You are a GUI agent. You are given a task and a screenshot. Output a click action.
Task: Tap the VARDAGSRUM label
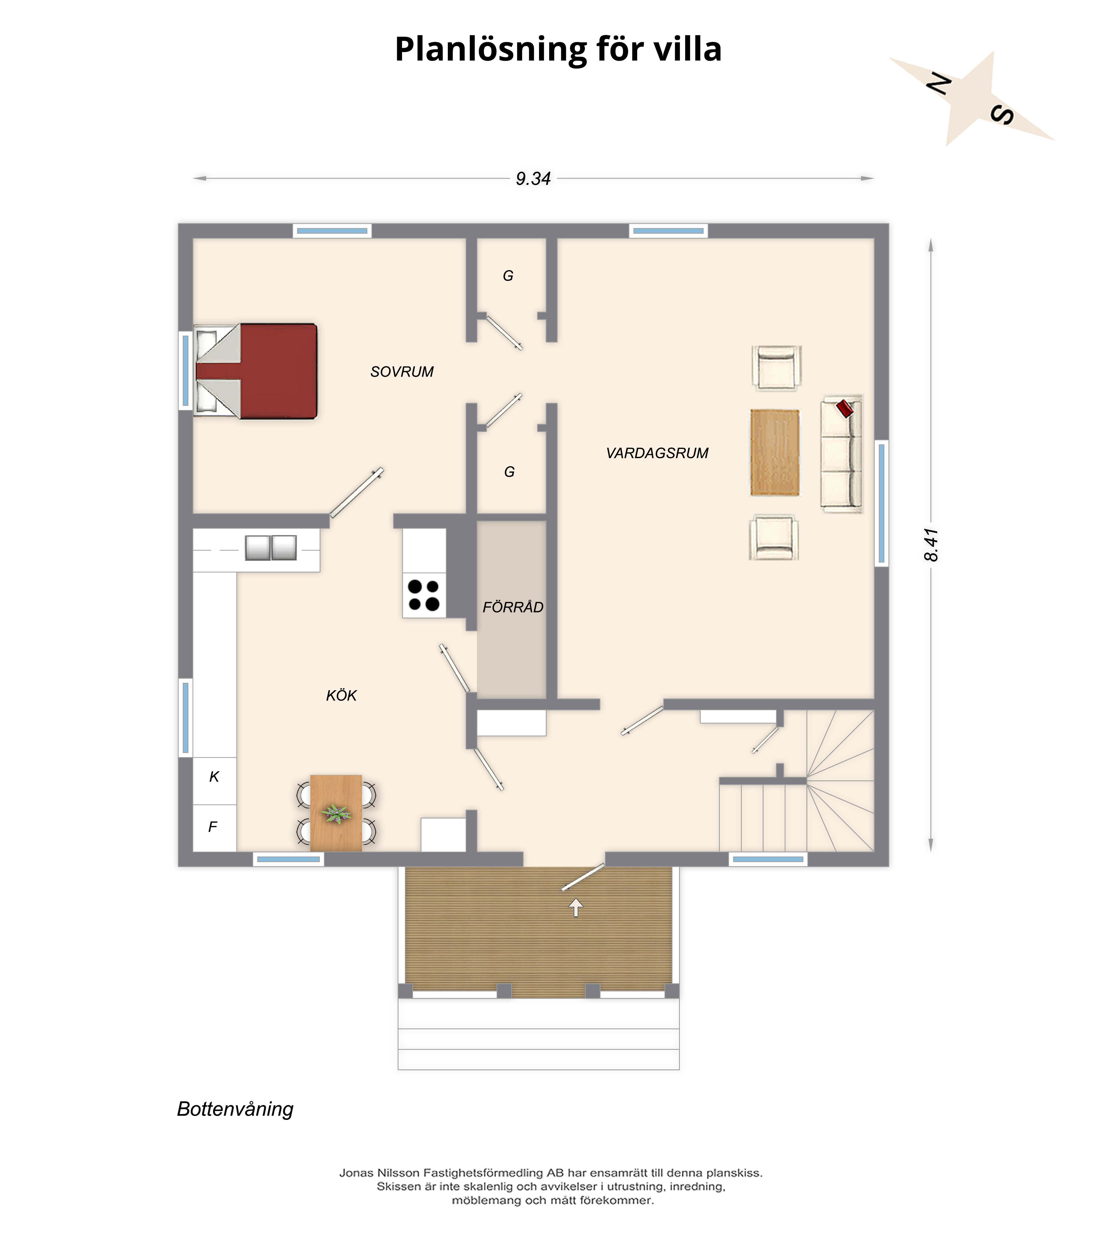click(657, 453)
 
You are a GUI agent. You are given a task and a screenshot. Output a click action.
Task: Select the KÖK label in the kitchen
click(341, 695)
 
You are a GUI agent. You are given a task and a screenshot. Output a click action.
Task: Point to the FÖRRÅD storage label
click(513, 607)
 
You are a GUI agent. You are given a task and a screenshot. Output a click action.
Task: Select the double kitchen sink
click(271, 548)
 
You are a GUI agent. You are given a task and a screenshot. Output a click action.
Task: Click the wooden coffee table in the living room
click(775, 452)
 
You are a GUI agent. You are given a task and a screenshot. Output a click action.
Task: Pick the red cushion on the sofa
click(845, 408)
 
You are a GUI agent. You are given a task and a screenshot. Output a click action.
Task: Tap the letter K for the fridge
click(214, 777)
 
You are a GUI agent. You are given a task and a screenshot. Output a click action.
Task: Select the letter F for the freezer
click(213, 827)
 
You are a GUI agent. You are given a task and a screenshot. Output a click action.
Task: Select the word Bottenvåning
click(236, 1109)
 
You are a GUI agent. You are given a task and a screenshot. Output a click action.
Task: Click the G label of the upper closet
click(508, 276)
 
